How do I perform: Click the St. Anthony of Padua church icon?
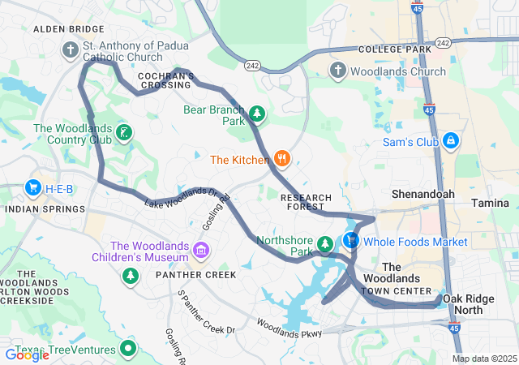coord(71,51)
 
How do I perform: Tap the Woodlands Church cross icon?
coord(338,71)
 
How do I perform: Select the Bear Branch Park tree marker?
coord(256,114)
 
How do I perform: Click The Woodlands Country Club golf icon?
coord(123,133)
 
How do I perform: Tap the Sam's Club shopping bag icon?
coord(450,142)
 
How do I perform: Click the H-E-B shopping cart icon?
coord(32,189)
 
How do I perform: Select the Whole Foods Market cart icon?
coord(351,241)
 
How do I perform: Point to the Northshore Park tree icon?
coord(325,244)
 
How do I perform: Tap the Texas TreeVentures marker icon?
coord(127,350)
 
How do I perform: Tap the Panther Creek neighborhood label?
coord(191,275)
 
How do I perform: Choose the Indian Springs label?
coord(45,208)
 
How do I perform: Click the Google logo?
coord(27,354)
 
